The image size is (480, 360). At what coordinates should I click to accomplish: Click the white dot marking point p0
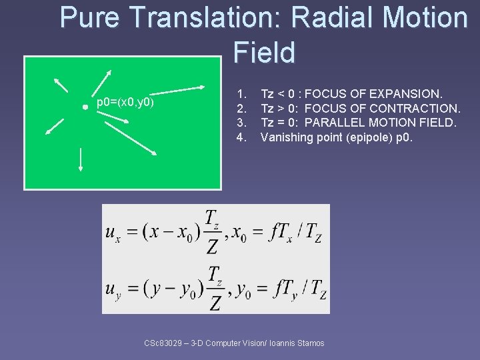pyautogui.click(x=85, y=107)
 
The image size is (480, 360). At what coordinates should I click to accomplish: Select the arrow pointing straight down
pyautogui.click(x=81, y=159)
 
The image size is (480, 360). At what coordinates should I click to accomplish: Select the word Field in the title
pyautogui.click(x=264, y=53)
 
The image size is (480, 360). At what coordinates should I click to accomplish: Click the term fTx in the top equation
pyautogui.click(x=281, y=232)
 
